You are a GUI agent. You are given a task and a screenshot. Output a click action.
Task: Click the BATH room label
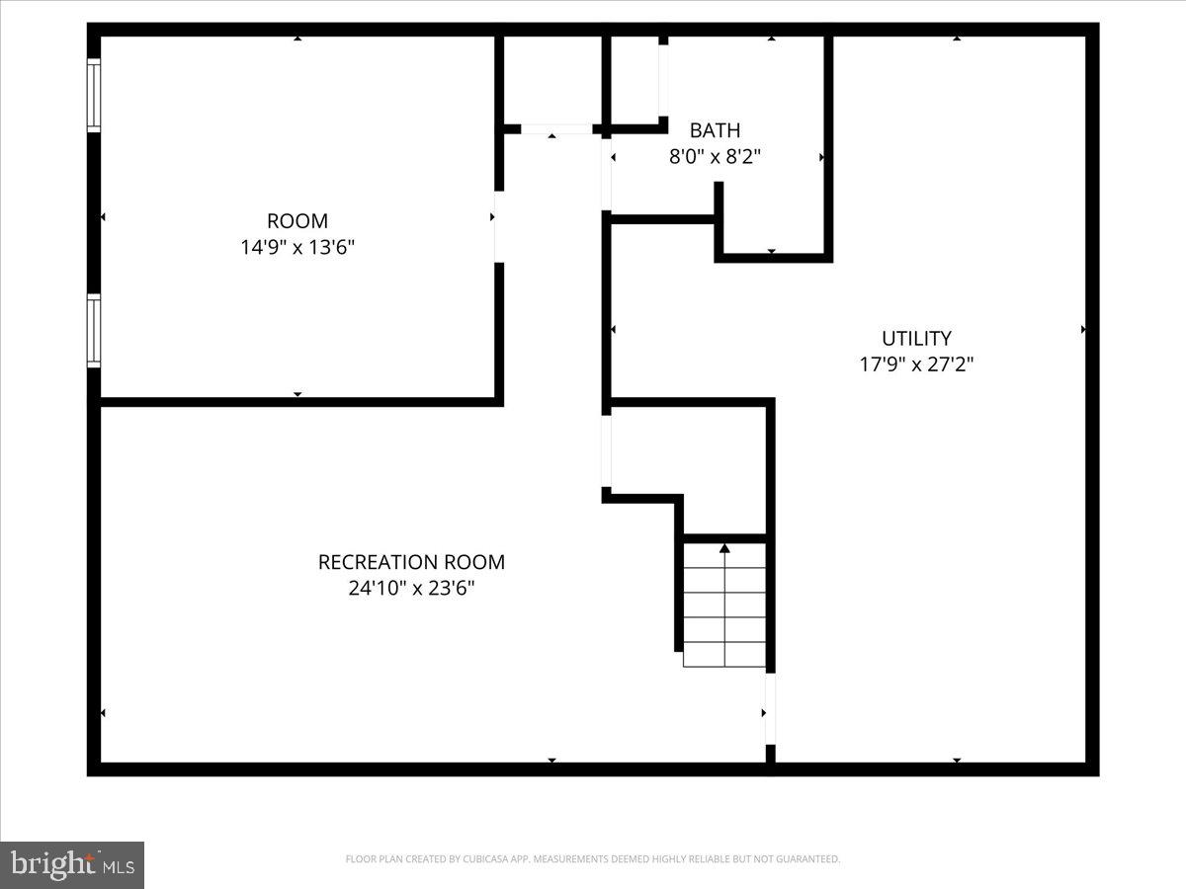click(715, 130)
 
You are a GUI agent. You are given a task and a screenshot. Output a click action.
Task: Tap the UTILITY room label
click(916, 339)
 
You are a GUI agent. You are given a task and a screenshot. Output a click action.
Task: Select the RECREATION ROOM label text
click(411, 562)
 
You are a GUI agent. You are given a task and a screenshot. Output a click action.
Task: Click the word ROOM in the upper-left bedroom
click(297, 221)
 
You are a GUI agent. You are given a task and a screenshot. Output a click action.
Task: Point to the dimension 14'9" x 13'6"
click(297, 247)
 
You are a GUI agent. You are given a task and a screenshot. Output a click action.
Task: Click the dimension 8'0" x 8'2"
click(715, 156)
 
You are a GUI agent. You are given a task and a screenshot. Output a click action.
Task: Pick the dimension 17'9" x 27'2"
click(916, 364)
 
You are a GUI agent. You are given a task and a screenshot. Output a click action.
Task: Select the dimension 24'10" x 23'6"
click(411, 589)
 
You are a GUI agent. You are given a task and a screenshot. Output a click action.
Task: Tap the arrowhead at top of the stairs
click(724, 547)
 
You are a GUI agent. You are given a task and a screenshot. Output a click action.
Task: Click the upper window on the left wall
click(94, 95)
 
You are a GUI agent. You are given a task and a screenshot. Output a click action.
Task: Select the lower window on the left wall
click(94, 331)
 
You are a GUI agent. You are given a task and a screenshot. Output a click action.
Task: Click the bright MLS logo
click(72, 864)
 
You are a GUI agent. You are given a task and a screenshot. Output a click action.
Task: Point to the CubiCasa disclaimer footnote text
click(593, 859)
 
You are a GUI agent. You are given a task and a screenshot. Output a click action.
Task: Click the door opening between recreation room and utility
click(770, 708)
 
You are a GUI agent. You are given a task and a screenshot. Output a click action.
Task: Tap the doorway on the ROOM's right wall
click(498, 227)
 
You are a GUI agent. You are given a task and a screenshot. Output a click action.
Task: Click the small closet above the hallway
click(551, 81)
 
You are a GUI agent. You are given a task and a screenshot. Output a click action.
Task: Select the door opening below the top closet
click(555, 129)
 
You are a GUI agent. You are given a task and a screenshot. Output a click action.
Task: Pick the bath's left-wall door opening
click(606, 173)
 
